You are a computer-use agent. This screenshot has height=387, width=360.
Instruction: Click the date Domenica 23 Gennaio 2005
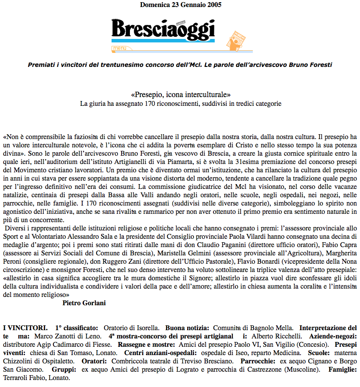click(181, 5)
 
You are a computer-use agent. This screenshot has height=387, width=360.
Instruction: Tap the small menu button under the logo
click(118, 48)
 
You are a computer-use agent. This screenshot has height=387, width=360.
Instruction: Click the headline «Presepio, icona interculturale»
click(180, 94)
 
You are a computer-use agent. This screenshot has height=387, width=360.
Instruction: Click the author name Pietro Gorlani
click(84, 303)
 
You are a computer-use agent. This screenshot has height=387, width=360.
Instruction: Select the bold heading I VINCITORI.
click(25, 328)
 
